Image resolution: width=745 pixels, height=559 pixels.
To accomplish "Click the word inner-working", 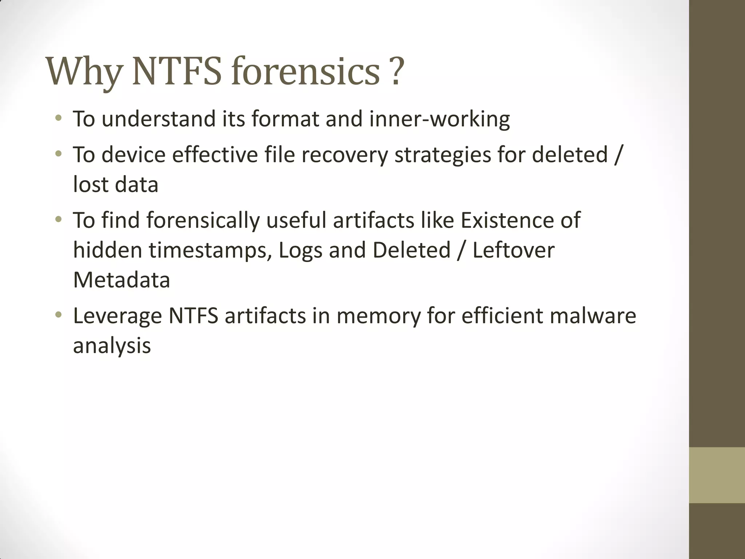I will pos(439,119).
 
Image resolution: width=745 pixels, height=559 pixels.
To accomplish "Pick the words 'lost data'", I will pos(116,184).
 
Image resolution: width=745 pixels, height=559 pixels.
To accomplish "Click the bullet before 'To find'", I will pos(58,219).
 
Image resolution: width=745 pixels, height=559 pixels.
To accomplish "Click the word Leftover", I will pos(514,250).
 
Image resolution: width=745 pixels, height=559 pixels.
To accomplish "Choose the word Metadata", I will pos(121,280).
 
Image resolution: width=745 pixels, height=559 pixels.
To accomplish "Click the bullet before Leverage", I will pos(58,315).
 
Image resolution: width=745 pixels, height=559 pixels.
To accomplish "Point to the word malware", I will pos(593,316).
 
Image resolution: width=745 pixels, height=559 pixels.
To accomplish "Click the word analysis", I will pos(112,346).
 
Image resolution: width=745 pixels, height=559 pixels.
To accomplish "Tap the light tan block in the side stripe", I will pos(717,475).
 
